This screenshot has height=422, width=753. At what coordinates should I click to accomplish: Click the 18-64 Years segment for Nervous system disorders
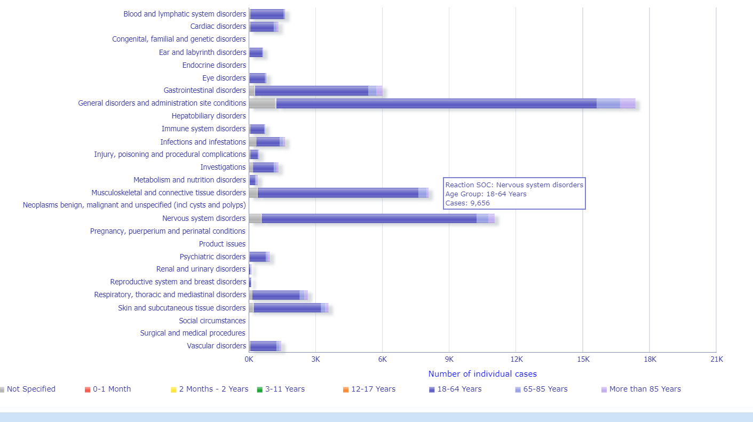pyautogui.click(x=368, y=218)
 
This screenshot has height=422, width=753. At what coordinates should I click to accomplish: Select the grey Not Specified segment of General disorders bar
pyautogui.click(x=262, y=103)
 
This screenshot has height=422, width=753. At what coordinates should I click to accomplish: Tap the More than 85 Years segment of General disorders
pyautogui.click(x=627, y=103)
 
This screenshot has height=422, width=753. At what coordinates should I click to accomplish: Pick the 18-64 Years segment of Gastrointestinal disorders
pyautogui.click(x=311, y=91)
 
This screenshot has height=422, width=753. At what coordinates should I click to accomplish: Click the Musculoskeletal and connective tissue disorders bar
pyautogui.click(x=337, y=193)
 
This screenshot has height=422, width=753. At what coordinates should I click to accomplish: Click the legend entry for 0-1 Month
pyautogui.click(x=112, y=389)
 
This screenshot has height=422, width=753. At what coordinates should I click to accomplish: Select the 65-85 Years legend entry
pyautogui.click(x=545, y=389)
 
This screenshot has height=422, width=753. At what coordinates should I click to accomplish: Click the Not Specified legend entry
pyautogui.click(x=30, y=389)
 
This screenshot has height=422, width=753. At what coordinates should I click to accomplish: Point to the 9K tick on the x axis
pyautogui.click(x=449, y=359)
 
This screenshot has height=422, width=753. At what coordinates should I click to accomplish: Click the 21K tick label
pyautogui.click(x=716, y=359)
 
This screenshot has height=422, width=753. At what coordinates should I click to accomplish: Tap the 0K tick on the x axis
pyautogui.click(x=249, y=359)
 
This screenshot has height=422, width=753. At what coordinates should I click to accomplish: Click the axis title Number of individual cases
pyautogui.click(x=482, y=374)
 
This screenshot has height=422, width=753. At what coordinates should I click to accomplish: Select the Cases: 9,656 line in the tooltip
pyautogui.click(x=467, y=203)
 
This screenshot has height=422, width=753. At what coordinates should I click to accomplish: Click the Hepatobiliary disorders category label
pyautogui.click(x=209, y=116)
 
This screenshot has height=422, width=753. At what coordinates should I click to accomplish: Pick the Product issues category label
pyautogui.click(x=222, y=244)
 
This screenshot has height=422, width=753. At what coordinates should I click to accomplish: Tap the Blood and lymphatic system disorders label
pyautogui.click(x=185, y=14)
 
